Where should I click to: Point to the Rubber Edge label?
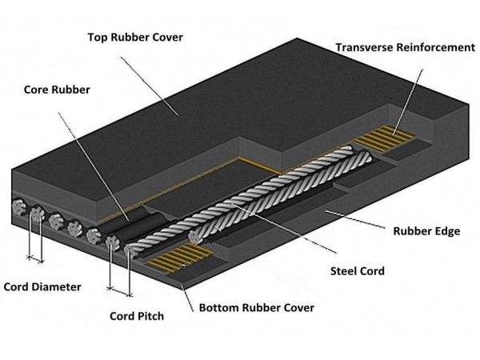click(x=426, y=231)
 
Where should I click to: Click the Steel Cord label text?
click(x=357, y=271)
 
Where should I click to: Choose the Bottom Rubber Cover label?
click(x=256, y=307)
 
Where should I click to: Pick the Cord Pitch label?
click(x=136, y=316)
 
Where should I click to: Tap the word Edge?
click(x=445, y=231)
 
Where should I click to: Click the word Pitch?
click(x=150, y=316)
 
